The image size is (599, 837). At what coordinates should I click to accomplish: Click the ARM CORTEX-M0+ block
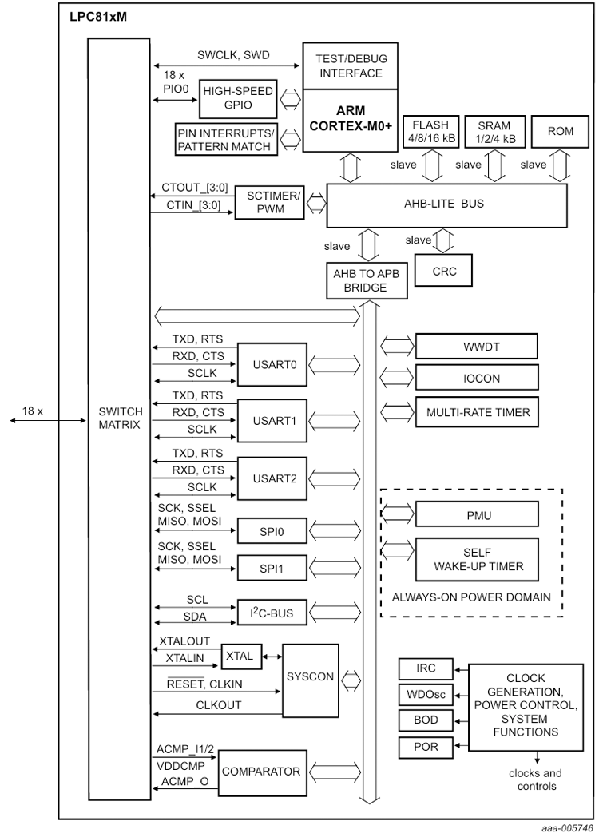pos(350,121)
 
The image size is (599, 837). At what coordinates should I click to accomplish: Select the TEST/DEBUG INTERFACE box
pos(350,66)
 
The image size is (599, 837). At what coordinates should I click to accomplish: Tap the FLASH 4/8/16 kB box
pos(431,131)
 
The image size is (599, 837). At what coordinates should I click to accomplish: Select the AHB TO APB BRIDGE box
pos(365,279)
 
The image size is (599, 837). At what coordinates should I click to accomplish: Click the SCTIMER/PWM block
pos(270,204)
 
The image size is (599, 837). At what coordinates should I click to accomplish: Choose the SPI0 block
pos(271,530)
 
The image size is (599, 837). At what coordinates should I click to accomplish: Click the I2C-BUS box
pos(271,613)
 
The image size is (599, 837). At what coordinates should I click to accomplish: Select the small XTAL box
pos(239,656)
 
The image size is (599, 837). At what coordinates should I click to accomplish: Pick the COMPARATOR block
pos(260,772)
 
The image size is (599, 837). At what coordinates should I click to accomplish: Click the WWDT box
pos(476,347)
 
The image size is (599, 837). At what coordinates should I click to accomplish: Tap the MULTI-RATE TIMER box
pos(476,412)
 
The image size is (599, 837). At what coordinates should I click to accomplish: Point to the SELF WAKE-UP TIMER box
pos(476,559)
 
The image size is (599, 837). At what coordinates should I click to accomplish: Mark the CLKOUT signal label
pos(218,705)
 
